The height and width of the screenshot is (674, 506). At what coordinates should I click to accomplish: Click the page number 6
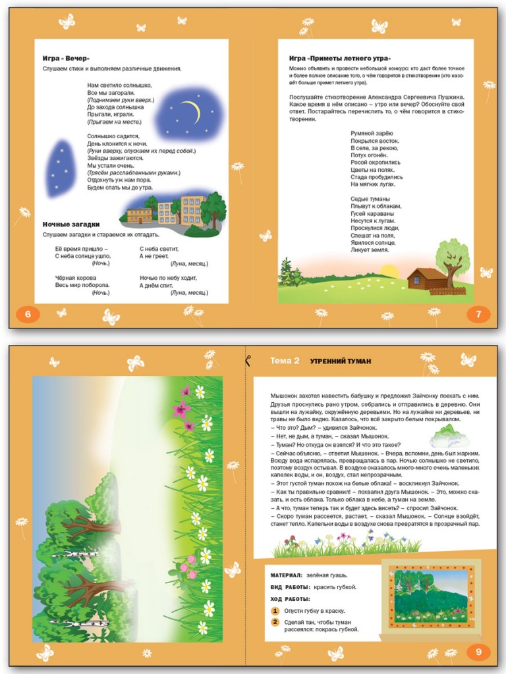[x=28, y=315]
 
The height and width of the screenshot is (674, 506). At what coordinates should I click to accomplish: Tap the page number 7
[x=478, y=315]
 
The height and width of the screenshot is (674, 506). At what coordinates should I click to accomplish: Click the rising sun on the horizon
[x=389, y=271]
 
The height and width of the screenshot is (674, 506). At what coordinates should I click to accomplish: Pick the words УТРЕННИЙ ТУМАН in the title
[x=341, y=361]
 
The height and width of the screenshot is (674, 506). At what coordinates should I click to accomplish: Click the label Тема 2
[x=285, y=361]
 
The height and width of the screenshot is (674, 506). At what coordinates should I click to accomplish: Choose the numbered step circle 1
[x=275, y=611]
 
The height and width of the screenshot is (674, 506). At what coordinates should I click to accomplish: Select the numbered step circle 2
[x=275, y=622]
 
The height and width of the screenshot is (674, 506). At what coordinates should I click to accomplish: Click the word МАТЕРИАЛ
[x=286, y=575]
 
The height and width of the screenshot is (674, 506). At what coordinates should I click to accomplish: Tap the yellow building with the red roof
[x=140, y=215]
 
